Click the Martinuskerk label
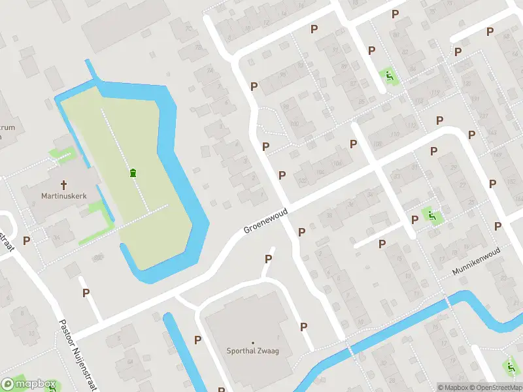pyautogui.click(x=63, y=195)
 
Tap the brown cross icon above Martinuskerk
pyautogui.click(x=65, y=184)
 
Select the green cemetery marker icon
pyautogui.click(x=133, y=172)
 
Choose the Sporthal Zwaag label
pyautogui.click(x=253, y=351)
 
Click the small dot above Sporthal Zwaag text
pyautogui.click(x=253, y=342)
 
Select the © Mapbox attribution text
pyautogui.click(x=453, y=387)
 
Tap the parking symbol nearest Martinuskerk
pyautogui.click(x=27, y=240)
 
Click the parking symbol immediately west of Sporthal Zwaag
pyautogui.click(x=197, y=340)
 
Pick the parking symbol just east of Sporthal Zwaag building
pyautogui.click(x=303, y=327)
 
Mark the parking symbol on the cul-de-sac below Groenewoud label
pyautogui.click(x=268, y=259)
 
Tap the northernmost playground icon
pyautogui.click(x=389, y=77)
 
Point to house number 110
pyautogui.click(x=394, y=135)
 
